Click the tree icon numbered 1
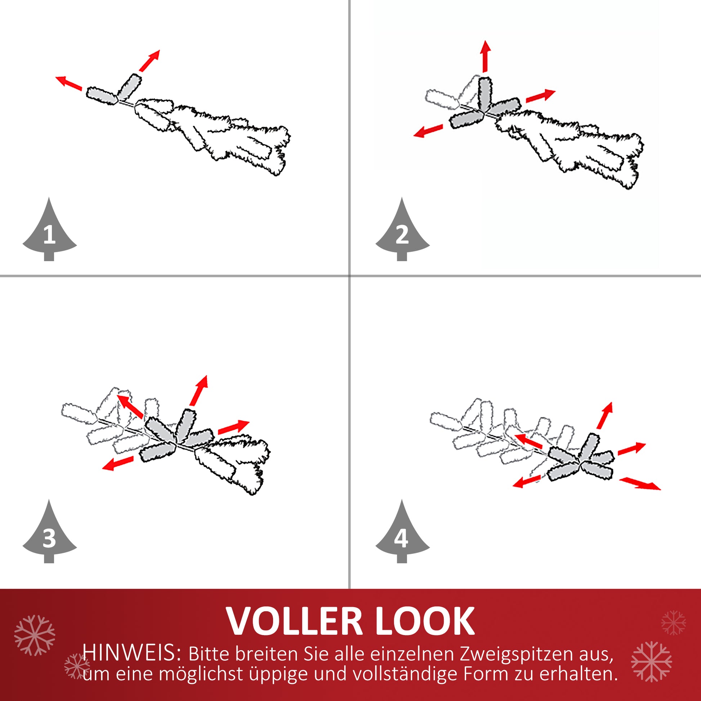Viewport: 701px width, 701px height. click(x=49, y=232)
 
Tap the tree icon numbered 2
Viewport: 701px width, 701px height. click(x=402, y=232)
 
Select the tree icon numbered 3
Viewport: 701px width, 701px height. click(x=49, y=535)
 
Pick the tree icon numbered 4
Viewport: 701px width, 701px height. click(x=402, y=535)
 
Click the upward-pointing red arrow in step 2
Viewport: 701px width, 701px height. click(x=486, y=56)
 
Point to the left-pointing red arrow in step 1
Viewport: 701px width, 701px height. click(x=68, y=83)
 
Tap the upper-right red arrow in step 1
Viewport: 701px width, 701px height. click(x=149, y=61)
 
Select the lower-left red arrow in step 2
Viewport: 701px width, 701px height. click(x=428, y=131)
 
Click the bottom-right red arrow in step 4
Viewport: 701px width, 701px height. click(x=640, y=484)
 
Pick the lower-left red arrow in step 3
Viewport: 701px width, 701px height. click(x=117, y=463)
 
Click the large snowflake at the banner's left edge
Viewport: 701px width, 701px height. click(x=35, y=635)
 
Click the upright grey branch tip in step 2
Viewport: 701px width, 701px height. click(x=485, y=94)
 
